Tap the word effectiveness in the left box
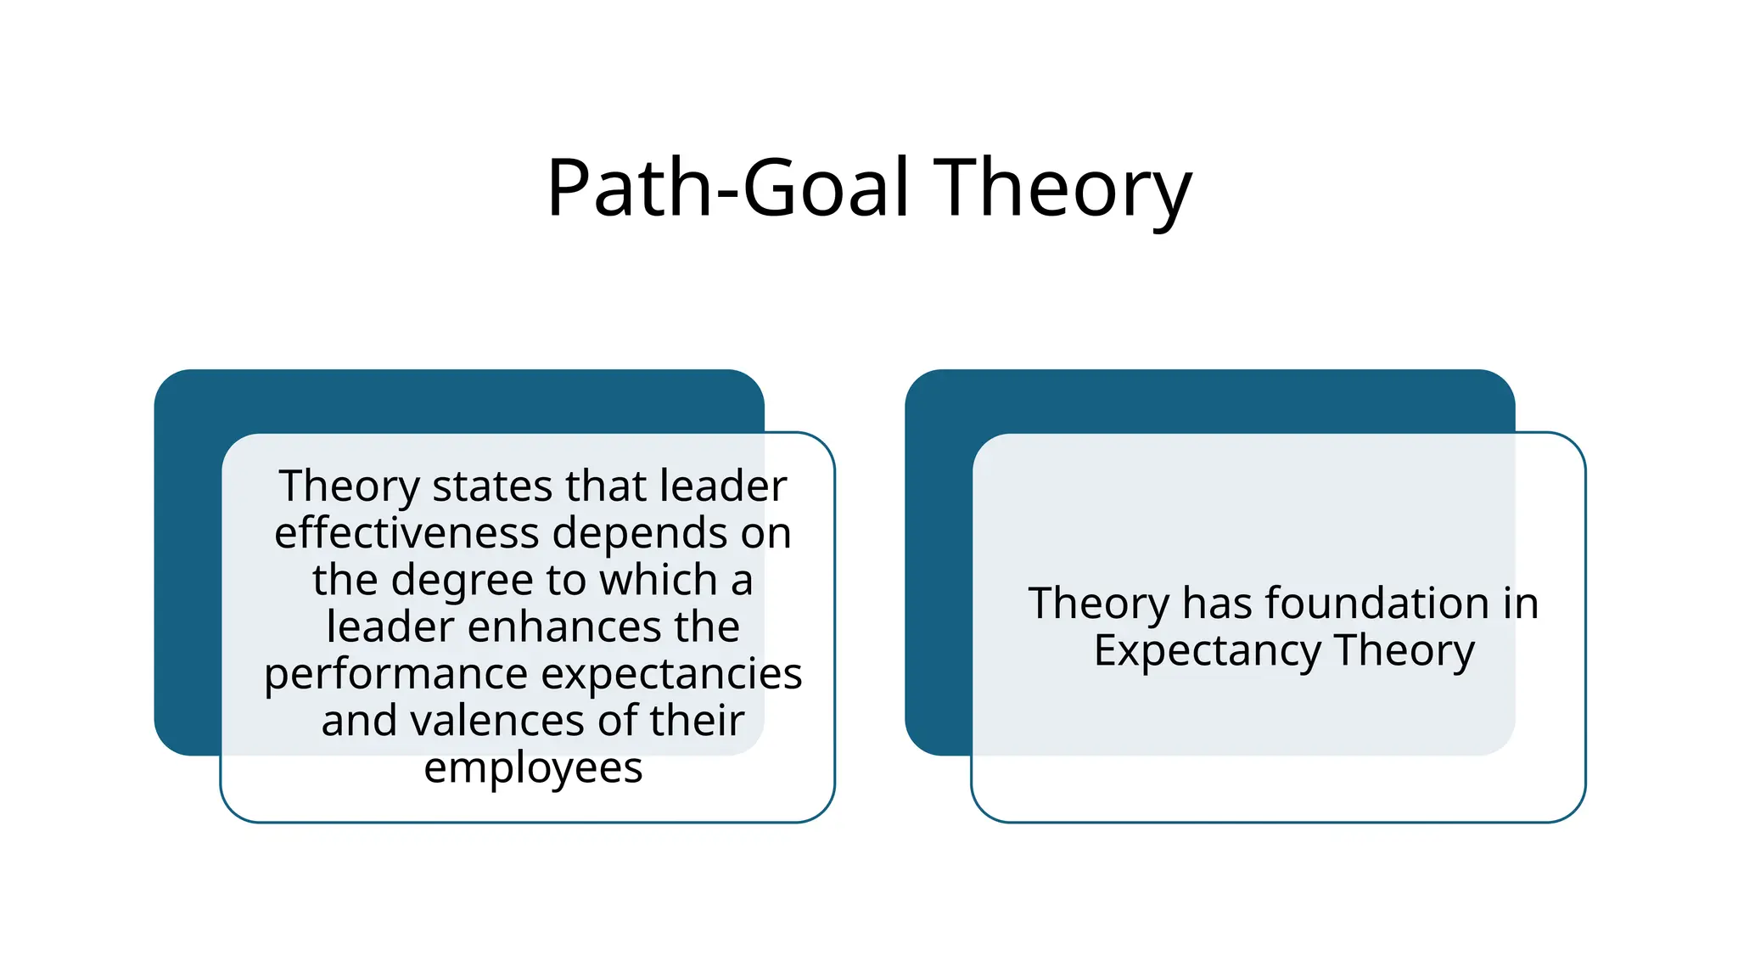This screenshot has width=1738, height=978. tap(406, 533)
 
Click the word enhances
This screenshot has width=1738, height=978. tap(564, 627)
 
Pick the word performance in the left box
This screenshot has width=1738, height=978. tap(396, 674)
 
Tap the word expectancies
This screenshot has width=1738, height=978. tap(671, 674)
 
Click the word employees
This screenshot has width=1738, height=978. tap(533, 768)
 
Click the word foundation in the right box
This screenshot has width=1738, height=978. tap(1377, 604)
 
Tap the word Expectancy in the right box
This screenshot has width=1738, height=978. tap(1207, 651)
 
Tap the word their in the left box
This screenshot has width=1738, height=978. tap(697, 721)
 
